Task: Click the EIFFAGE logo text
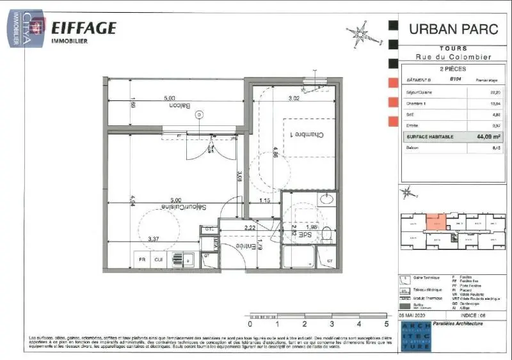click(83, 27)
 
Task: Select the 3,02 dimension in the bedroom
click(294, 98)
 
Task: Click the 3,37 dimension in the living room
click(154, 239)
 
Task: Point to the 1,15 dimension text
click(266, 202)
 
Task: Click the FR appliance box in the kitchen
click(143, 260)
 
